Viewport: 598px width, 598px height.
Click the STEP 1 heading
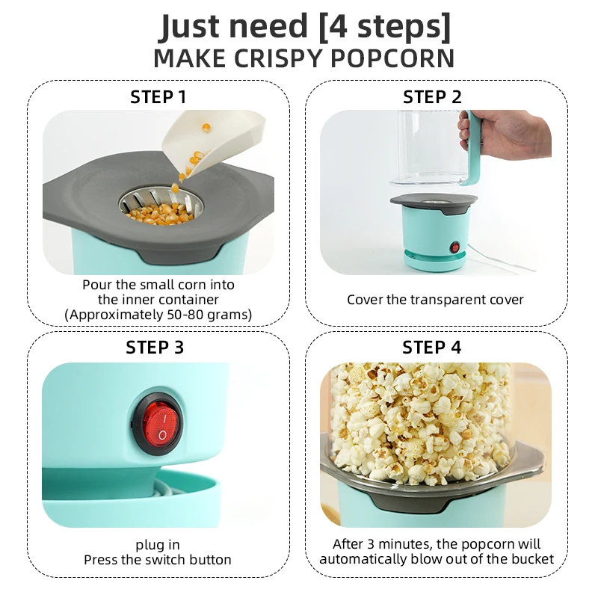tap(158, 97)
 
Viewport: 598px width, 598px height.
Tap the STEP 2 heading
tap(433, 97)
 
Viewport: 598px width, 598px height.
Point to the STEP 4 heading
tap(432, 348)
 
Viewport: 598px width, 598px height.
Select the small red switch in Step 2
tap(453, 247)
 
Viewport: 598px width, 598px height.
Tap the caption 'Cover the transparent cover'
tap(435, 300)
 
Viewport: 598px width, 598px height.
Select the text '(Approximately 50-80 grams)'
tap(158, 315)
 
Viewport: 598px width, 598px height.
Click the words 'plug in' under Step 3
tap(158, 545)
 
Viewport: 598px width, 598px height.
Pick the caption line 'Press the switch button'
tap(158, 560)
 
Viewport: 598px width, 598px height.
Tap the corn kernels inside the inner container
tap(158, 213)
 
